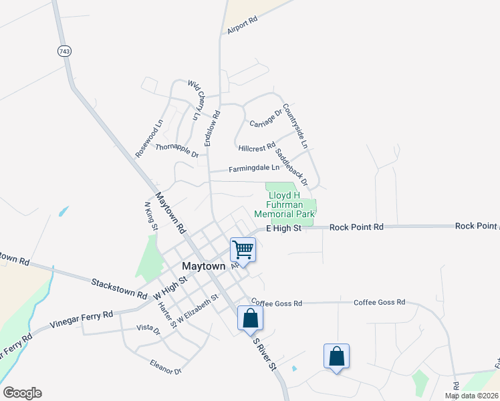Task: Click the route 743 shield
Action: pos(64,51)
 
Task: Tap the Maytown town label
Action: pos(204,266)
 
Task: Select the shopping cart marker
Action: pos(243,250)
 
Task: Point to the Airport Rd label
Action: pos(242,26)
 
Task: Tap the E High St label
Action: pos(284,228)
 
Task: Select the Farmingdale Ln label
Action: pos(253,169)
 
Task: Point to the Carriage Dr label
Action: pos(266,119)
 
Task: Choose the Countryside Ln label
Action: pos(295,126)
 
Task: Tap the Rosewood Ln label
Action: pos(149,138)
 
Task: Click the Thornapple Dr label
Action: pos(177,150)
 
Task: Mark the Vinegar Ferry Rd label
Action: pos(82,318)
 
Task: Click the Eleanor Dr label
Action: pos(166,367)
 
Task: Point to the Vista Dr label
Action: pos(148,329)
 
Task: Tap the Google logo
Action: pos(22,393)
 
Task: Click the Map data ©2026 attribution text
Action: pos(471,396)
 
